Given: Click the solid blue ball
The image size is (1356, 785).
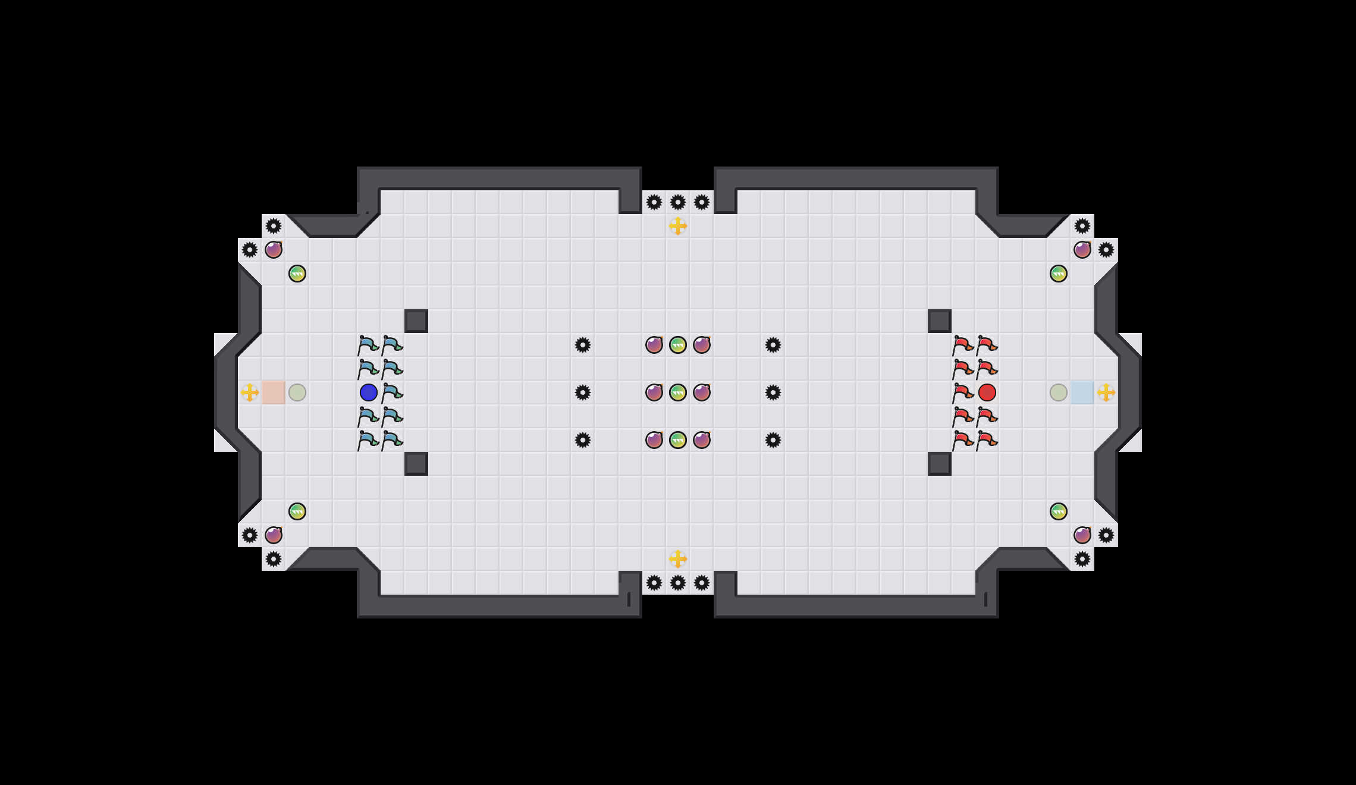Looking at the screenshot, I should (369, 392).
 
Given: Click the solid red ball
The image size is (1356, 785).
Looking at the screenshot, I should (987, 392).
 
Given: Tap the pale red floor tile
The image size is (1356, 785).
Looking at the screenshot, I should (274, 392).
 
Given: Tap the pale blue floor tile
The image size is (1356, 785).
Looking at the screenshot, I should (1082, 392).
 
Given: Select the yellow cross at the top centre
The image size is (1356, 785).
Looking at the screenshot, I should (678, 226).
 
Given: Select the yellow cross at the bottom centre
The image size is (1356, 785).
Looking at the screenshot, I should (678, 559).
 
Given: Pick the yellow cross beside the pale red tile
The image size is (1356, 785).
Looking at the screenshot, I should (250, 392).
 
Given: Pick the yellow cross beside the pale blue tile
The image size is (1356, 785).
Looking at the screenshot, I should (1106, 392).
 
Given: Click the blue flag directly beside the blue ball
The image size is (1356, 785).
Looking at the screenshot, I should (392, 393).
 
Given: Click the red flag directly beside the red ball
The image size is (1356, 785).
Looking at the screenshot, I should (963, 393).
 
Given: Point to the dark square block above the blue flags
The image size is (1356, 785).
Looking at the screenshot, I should (416, 321).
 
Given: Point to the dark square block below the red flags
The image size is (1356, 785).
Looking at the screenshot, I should (940, 464).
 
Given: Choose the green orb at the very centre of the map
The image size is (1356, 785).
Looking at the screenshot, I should (678, 392).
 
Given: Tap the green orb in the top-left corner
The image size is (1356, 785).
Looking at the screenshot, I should (297, 274).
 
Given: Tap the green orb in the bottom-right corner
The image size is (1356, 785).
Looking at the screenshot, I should (1059, 511).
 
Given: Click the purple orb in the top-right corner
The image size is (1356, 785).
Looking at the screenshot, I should (1082, 250).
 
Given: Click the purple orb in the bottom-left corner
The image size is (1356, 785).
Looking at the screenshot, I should (274, 535).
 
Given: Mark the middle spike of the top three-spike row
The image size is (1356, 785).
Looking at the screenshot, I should (678, 202).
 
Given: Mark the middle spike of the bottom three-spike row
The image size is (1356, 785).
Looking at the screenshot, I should (678, 583).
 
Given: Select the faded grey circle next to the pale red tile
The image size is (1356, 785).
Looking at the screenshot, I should (297, 392).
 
